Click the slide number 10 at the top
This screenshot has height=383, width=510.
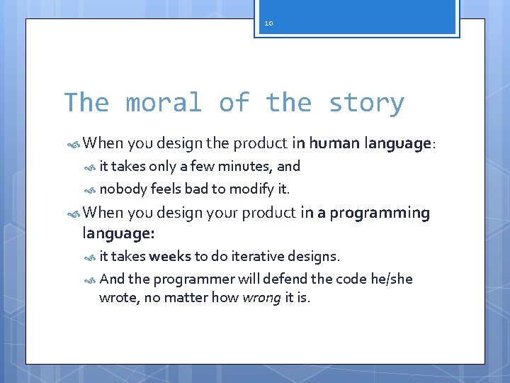pyautogui.click(x=268, y=23)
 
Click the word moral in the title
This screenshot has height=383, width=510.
pyautogui.click(x=164, y=103)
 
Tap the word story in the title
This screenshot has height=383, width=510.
pyautogui.click(x=365, y=103)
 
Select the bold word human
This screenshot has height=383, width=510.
pyautogui.click(x=334, y=144)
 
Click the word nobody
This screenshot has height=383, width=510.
pyautogui.click(x=123, y=189)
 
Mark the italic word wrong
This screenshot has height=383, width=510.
pyautogui.click(x=261, y=298)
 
